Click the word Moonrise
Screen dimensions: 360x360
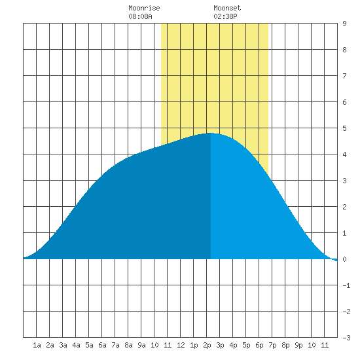pos(144,8)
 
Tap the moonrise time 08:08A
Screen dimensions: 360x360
pos(140,16)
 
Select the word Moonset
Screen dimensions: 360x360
pos(227,8)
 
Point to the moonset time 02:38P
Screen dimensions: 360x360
pos(225,16)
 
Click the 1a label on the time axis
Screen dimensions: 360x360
pos(37,345)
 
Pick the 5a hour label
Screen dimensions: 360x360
pos(89,345)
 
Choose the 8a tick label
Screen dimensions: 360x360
pos(128,345)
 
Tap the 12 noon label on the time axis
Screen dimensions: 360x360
pos(181,345)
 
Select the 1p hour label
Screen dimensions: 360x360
pos(194,345)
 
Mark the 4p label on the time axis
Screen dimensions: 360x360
pos(233,345)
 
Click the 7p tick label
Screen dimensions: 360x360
pos(272,345)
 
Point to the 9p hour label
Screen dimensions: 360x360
pos(298,345)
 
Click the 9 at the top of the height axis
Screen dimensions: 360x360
pos(344,24)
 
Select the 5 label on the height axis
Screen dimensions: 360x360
pos(344,128)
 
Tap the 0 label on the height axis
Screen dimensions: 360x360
pos(344,259)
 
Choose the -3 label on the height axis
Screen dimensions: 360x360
pos(346,338)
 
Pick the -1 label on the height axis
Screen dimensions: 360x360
pos(346,285)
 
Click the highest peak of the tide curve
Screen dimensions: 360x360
pos(211,133)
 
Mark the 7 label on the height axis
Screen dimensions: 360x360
pos(344,76)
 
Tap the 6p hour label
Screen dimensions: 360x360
pos(259,345)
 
